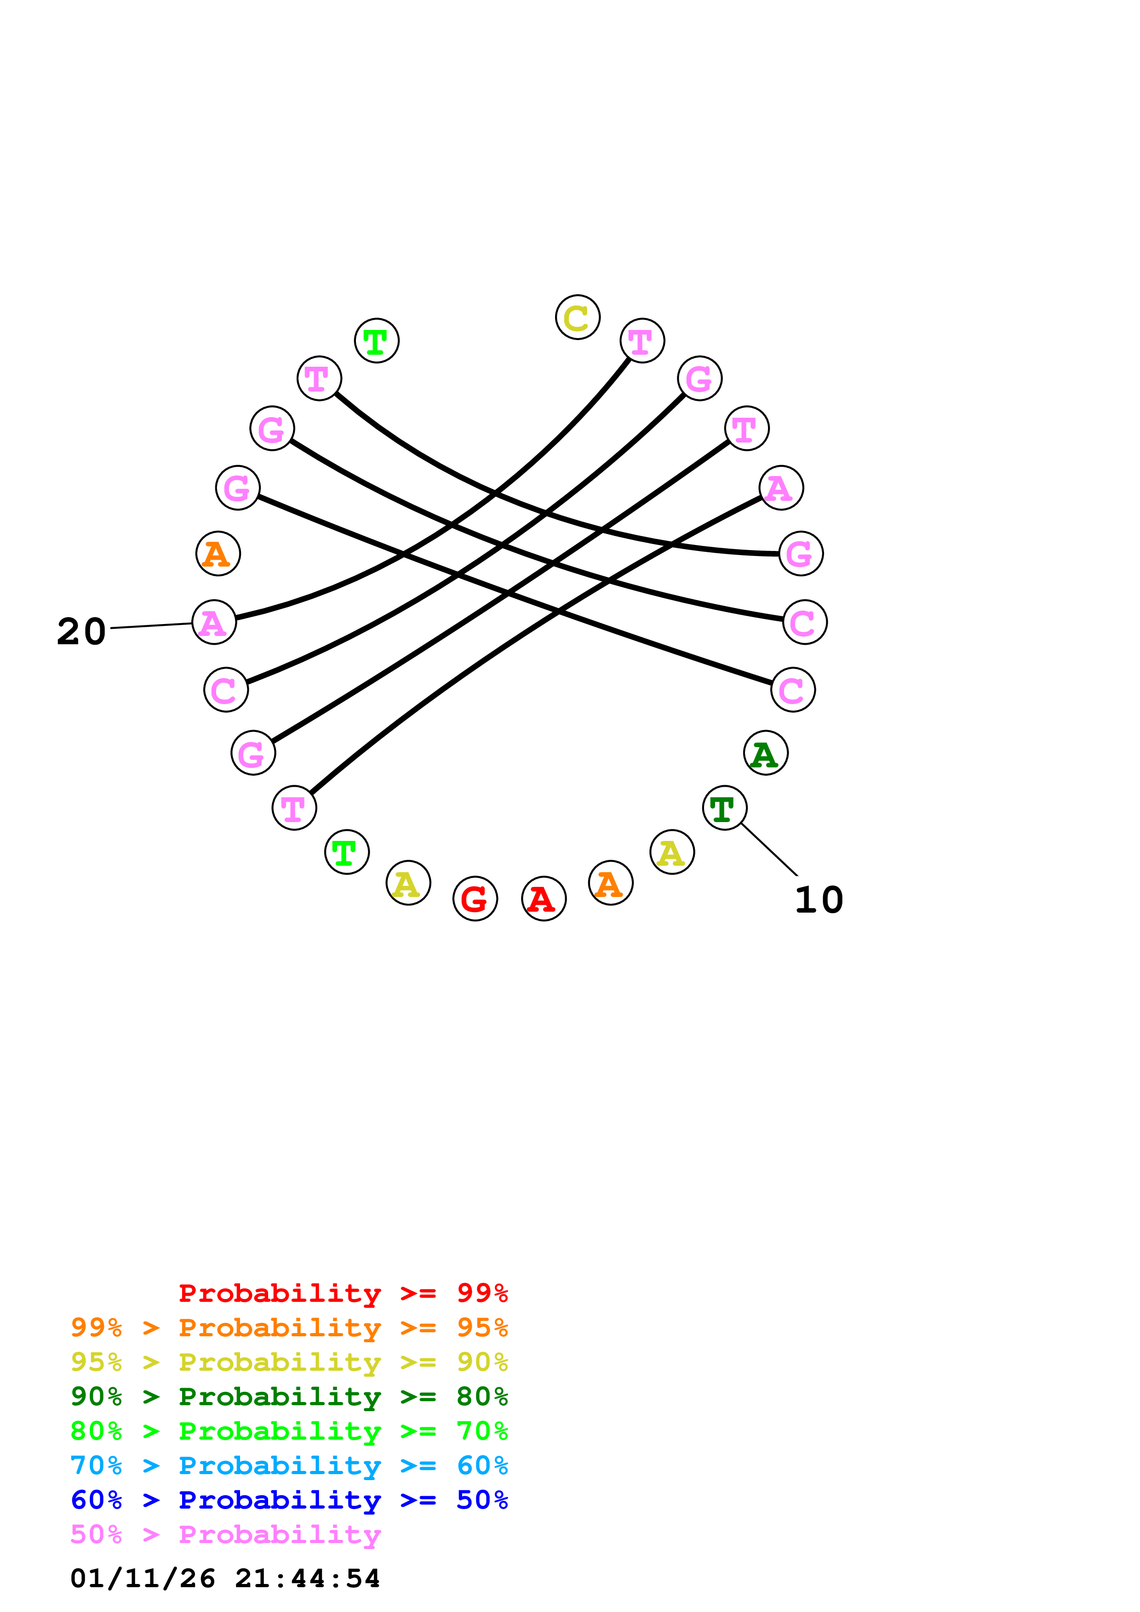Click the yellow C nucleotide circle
(x=578, y=318)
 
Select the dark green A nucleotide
(x=766, y=753)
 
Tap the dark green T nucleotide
(x=724, y=808)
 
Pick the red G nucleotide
(x=475, y=899)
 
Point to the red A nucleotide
(x=544, y=899)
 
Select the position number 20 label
(x=81, y=631)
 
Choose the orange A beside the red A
(x=610, y=883)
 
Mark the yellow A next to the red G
(x=408, y=883)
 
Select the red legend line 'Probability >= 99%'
(x=343, y=1293)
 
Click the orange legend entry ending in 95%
(x=289, y=1327)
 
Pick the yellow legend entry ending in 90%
(x=289, y=1362)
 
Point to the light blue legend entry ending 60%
(x=289, y=1465)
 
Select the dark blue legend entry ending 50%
(x=289, y=1500)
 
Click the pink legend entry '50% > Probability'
(x=225, y=1534)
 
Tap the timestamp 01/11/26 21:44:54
(x=225, y=1578)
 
